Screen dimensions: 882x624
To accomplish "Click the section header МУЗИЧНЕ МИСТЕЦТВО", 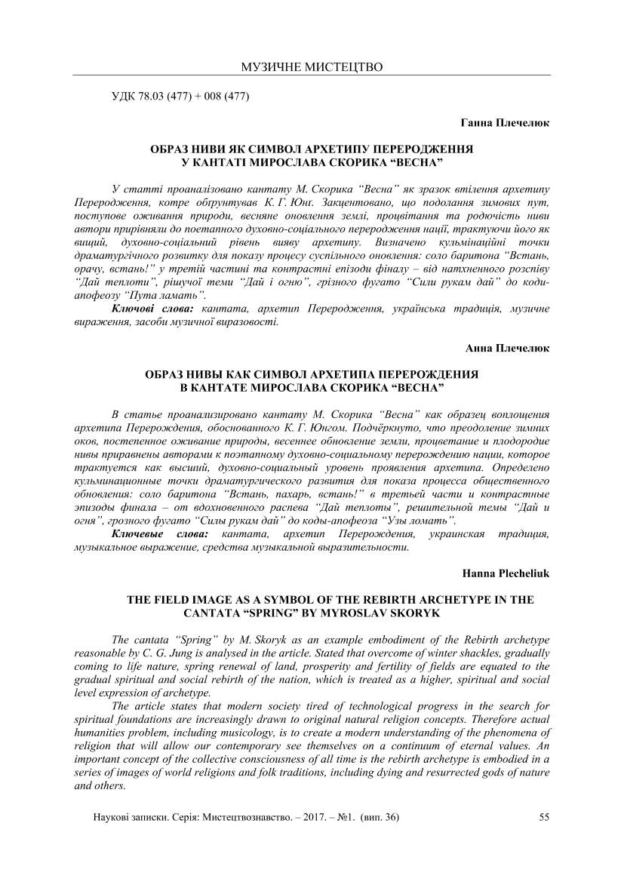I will coord(312,67).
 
